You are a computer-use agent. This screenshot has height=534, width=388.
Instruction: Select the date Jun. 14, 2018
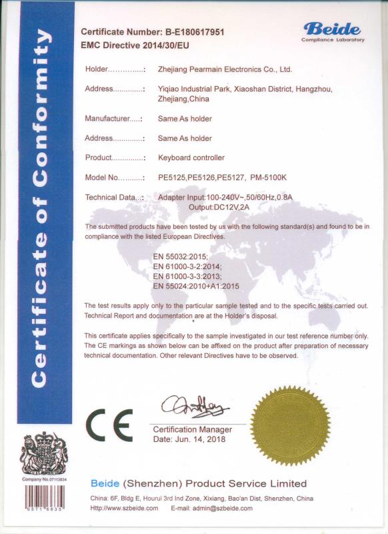point(189,439)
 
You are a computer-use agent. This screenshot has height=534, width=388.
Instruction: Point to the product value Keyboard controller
point(191,158)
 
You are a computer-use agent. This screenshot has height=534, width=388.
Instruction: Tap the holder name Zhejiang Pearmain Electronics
point(225,69)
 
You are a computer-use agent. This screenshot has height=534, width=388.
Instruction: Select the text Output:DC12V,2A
point(218,207)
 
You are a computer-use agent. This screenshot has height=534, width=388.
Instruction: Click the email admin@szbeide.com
point(211,508)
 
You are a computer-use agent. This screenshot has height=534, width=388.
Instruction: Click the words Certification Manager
point(193,429)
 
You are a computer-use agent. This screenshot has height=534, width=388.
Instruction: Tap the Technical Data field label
point(114,197)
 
